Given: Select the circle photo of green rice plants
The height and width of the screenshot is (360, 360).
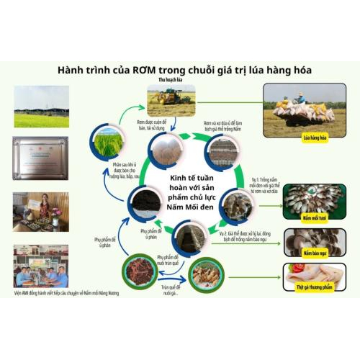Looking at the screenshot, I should [x=106, y=143].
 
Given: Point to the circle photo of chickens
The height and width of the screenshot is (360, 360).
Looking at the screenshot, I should [x=206, y=274].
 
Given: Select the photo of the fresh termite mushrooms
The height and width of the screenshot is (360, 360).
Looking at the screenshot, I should [x=314, y=197].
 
